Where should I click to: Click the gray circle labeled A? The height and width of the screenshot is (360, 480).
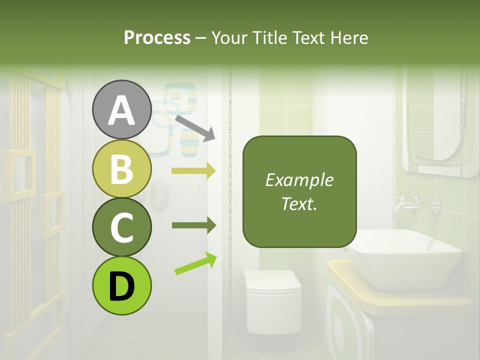pyautogui.click(x=121, y=110)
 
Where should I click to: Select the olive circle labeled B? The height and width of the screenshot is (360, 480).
pyautogui.click(x=121, y=169)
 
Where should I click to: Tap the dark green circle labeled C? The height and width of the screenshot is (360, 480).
pyautogui.click(x=121, y=227)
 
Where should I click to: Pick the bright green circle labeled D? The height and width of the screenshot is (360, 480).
pyautogui.click(x=121, y=286)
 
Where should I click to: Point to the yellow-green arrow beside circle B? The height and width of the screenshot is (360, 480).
pyautogui.click(x=193, y=170)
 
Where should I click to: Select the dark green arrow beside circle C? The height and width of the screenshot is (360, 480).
pyautogui.click(x=193, y=225)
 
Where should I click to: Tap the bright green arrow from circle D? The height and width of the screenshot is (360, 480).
pyautogui.click(x=195, y=264)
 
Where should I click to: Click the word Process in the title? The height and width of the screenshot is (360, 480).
pyautogui.click(x=157, y=37)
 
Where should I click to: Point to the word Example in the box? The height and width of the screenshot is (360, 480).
pyautogui.click(x=299, y=180)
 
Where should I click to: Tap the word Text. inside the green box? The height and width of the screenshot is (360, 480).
pyautogui.click(x=299, y=203)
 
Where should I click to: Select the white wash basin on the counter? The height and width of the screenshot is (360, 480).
pyautogui.click(x=405, y=260)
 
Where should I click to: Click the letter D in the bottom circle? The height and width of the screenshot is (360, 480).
pyautogui.click(x=121, y=287)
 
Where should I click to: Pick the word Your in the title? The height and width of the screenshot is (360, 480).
pyautogui.click(x=228, y=37)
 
